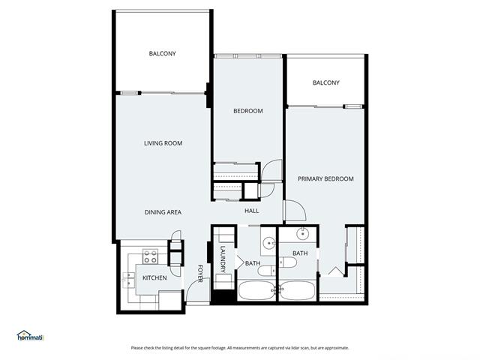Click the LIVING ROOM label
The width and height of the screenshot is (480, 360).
[163, 143]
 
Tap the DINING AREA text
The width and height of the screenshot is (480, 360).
[163, 212]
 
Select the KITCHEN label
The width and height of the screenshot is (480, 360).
[154, 278]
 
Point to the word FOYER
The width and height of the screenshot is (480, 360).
[200, 273]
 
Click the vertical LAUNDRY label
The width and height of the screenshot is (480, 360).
[223, 259]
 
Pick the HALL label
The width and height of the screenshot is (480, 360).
[252, 211]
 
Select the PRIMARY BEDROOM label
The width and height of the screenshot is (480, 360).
[325, 178]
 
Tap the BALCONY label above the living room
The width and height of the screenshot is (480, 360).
[162, 53]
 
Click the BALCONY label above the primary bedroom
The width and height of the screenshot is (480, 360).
[326, 82]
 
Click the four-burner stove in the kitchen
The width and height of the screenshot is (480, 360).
[150, 256]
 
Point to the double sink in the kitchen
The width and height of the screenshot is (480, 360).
[129, 280]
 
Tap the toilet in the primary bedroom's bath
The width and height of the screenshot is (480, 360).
[288, 262]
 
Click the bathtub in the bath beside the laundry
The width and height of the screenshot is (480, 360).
[256, 291]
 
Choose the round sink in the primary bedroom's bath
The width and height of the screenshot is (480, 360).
[303, 235]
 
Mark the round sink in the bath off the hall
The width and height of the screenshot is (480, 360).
[269, 244]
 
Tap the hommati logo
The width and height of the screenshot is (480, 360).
[30, 336]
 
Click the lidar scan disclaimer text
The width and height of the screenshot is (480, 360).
[240, 348]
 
